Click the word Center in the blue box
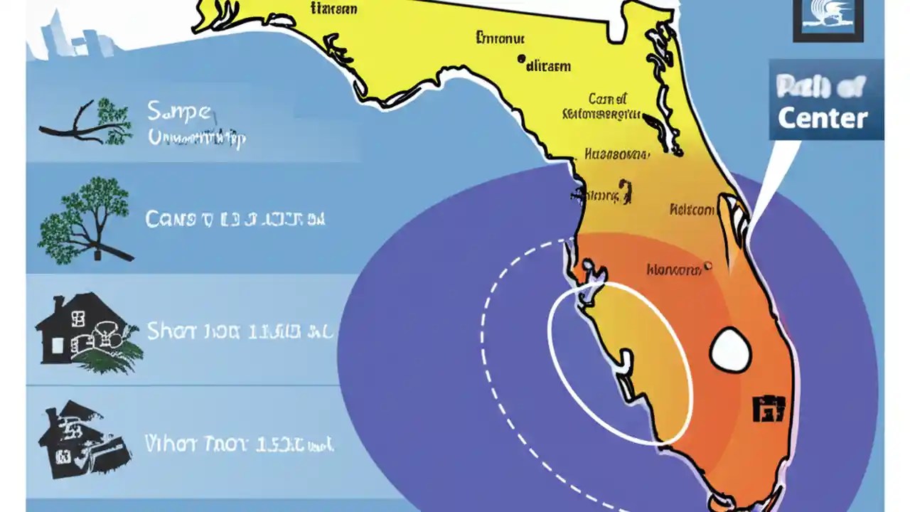pyautogui.click(x=823, y=118)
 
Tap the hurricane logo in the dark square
pyautogui.click(x=828, y=18)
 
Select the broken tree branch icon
pyautogui.click(x=85, y=123)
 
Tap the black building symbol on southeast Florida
pyautogui.click(x=769, y=407)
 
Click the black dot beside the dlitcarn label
pyautogui.click(x=521, y=60)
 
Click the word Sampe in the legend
pyautogui.click(x=178, y=112)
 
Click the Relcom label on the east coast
pyautogui.click(x=691, y=210)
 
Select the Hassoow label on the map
pyautogui.click(x=616, y=154)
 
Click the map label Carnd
pyautogui.click(x=608, y=99)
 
